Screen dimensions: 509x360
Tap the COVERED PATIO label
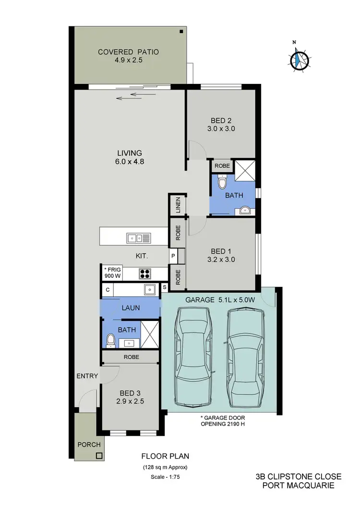(128, 56)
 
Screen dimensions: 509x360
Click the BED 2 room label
(221, 124)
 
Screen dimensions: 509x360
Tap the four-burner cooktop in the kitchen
(145, 273)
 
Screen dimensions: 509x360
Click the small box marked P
(173, 256)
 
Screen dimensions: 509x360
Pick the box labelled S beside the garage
(165, 287)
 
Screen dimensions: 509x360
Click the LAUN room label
(131, 308)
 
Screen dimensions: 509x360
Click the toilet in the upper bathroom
(221, 183)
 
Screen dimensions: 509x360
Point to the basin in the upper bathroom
(245, 209)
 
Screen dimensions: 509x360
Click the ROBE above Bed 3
(131, 357)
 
